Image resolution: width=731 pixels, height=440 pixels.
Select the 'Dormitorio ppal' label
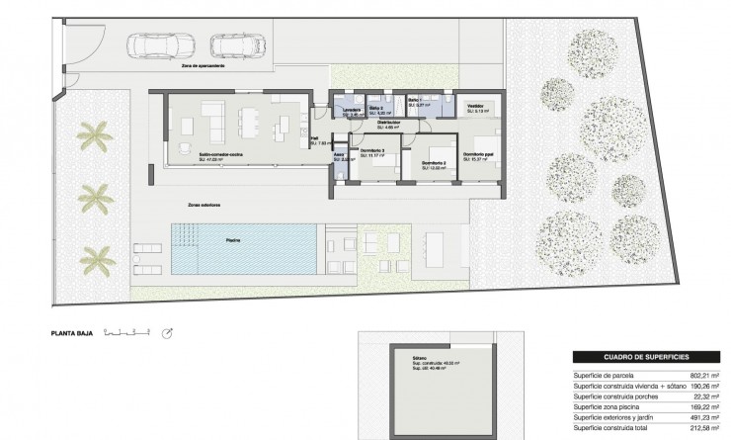[x=480, y=153]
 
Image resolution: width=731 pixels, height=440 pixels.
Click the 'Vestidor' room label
[x=475, y=106]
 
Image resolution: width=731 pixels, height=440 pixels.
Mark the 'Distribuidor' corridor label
[x=387, y=124]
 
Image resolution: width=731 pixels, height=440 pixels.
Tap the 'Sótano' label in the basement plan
[x=408, y=362]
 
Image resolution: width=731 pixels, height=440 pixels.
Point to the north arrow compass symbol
[x=168, y=334]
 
